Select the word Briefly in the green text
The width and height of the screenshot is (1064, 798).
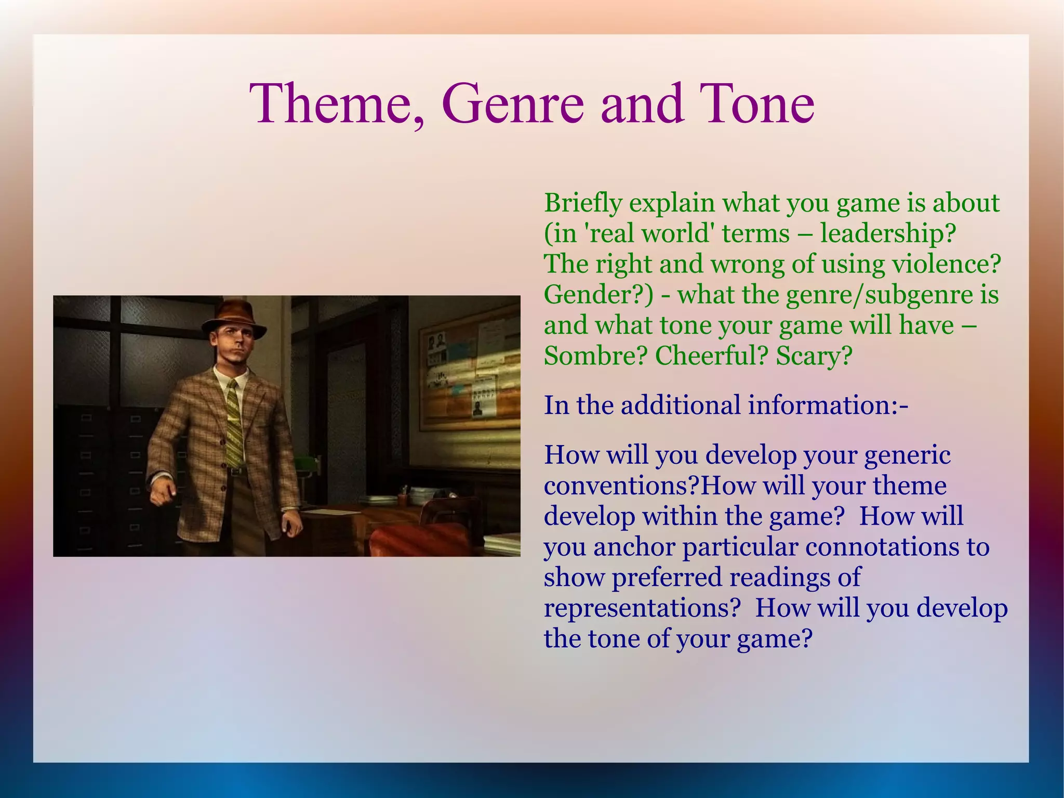582,203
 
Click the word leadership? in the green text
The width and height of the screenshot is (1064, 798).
888,233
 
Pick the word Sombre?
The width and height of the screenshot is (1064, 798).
596,356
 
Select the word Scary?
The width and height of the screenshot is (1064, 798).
814,356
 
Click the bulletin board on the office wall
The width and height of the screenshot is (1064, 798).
468,372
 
